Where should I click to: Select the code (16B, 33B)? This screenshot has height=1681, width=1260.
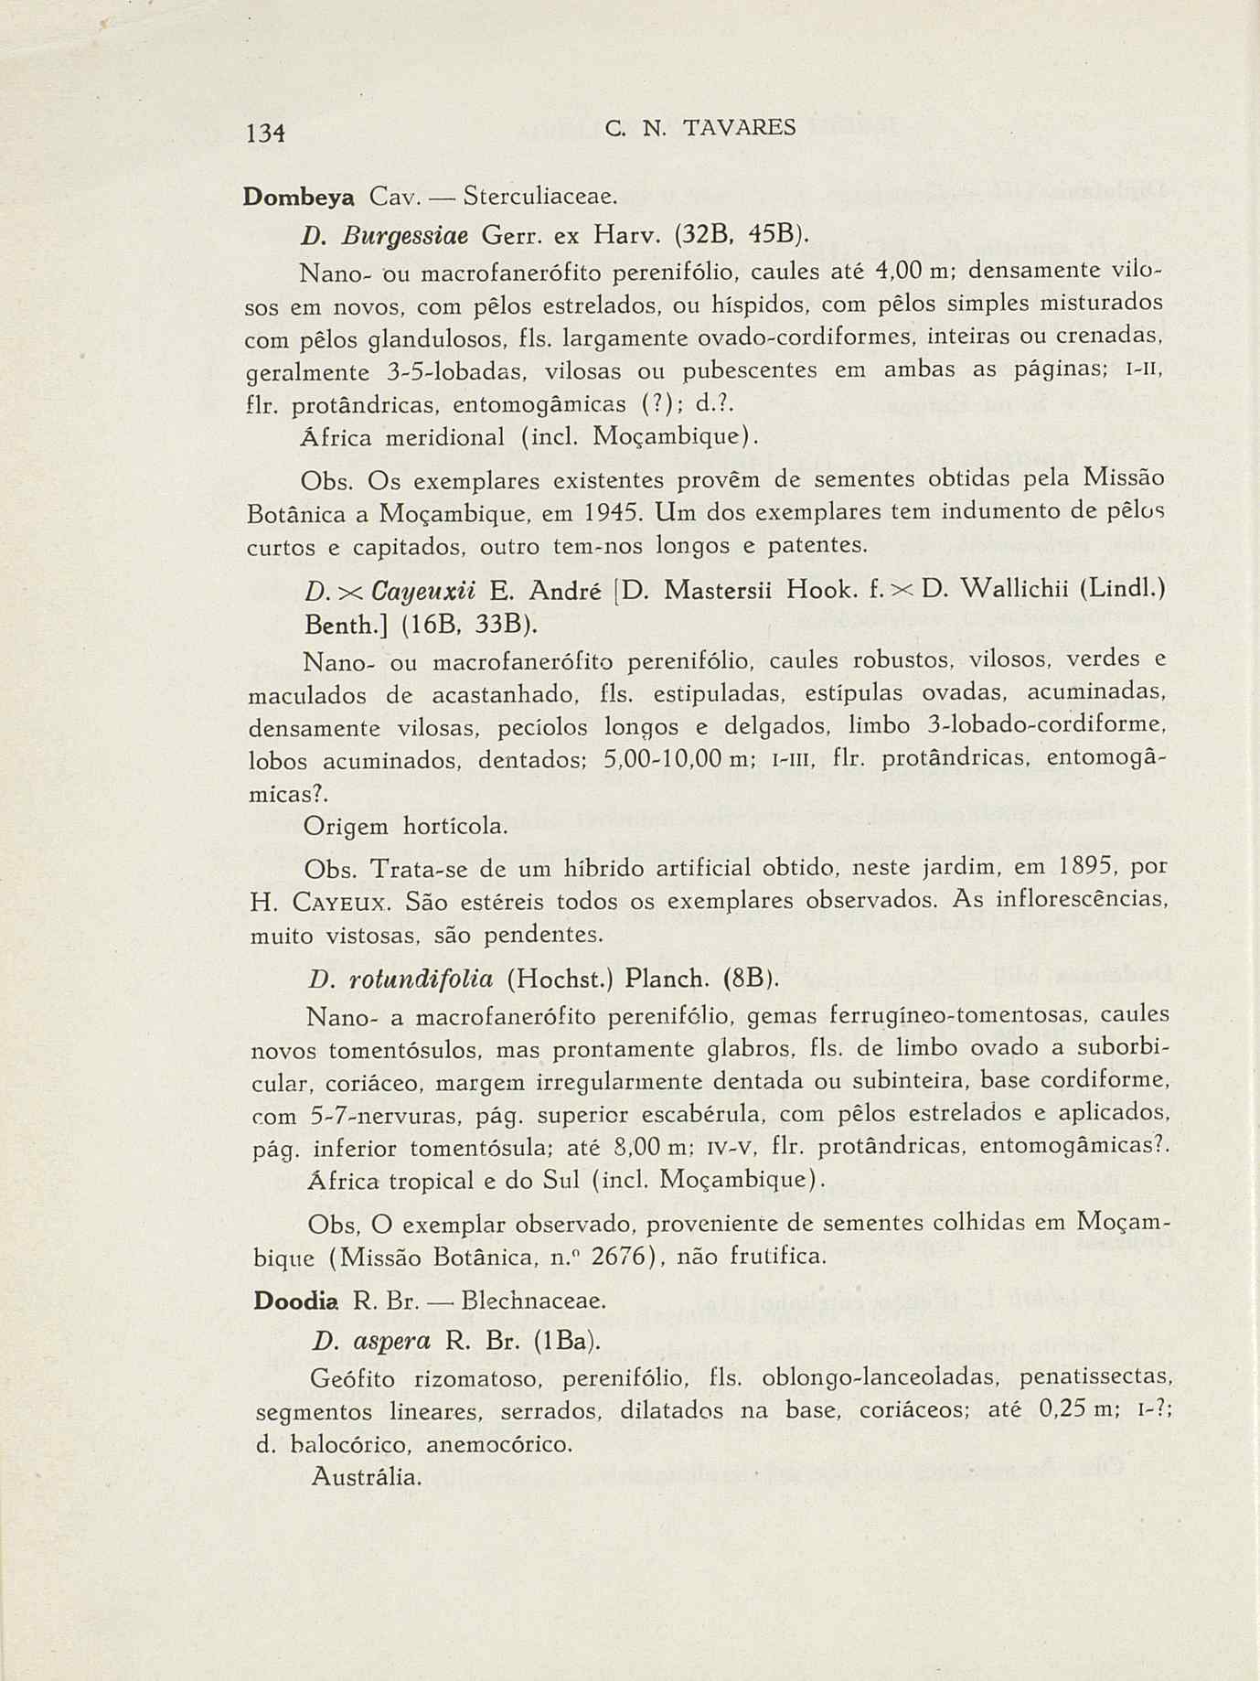[x=420, y=625]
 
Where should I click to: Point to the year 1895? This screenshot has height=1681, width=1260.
[x=1090, y=867]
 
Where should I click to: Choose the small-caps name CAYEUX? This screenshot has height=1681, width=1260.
[x=343, y=903]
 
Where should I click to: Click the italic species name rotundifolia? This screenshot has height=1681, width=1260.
[x=414, y=980]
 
